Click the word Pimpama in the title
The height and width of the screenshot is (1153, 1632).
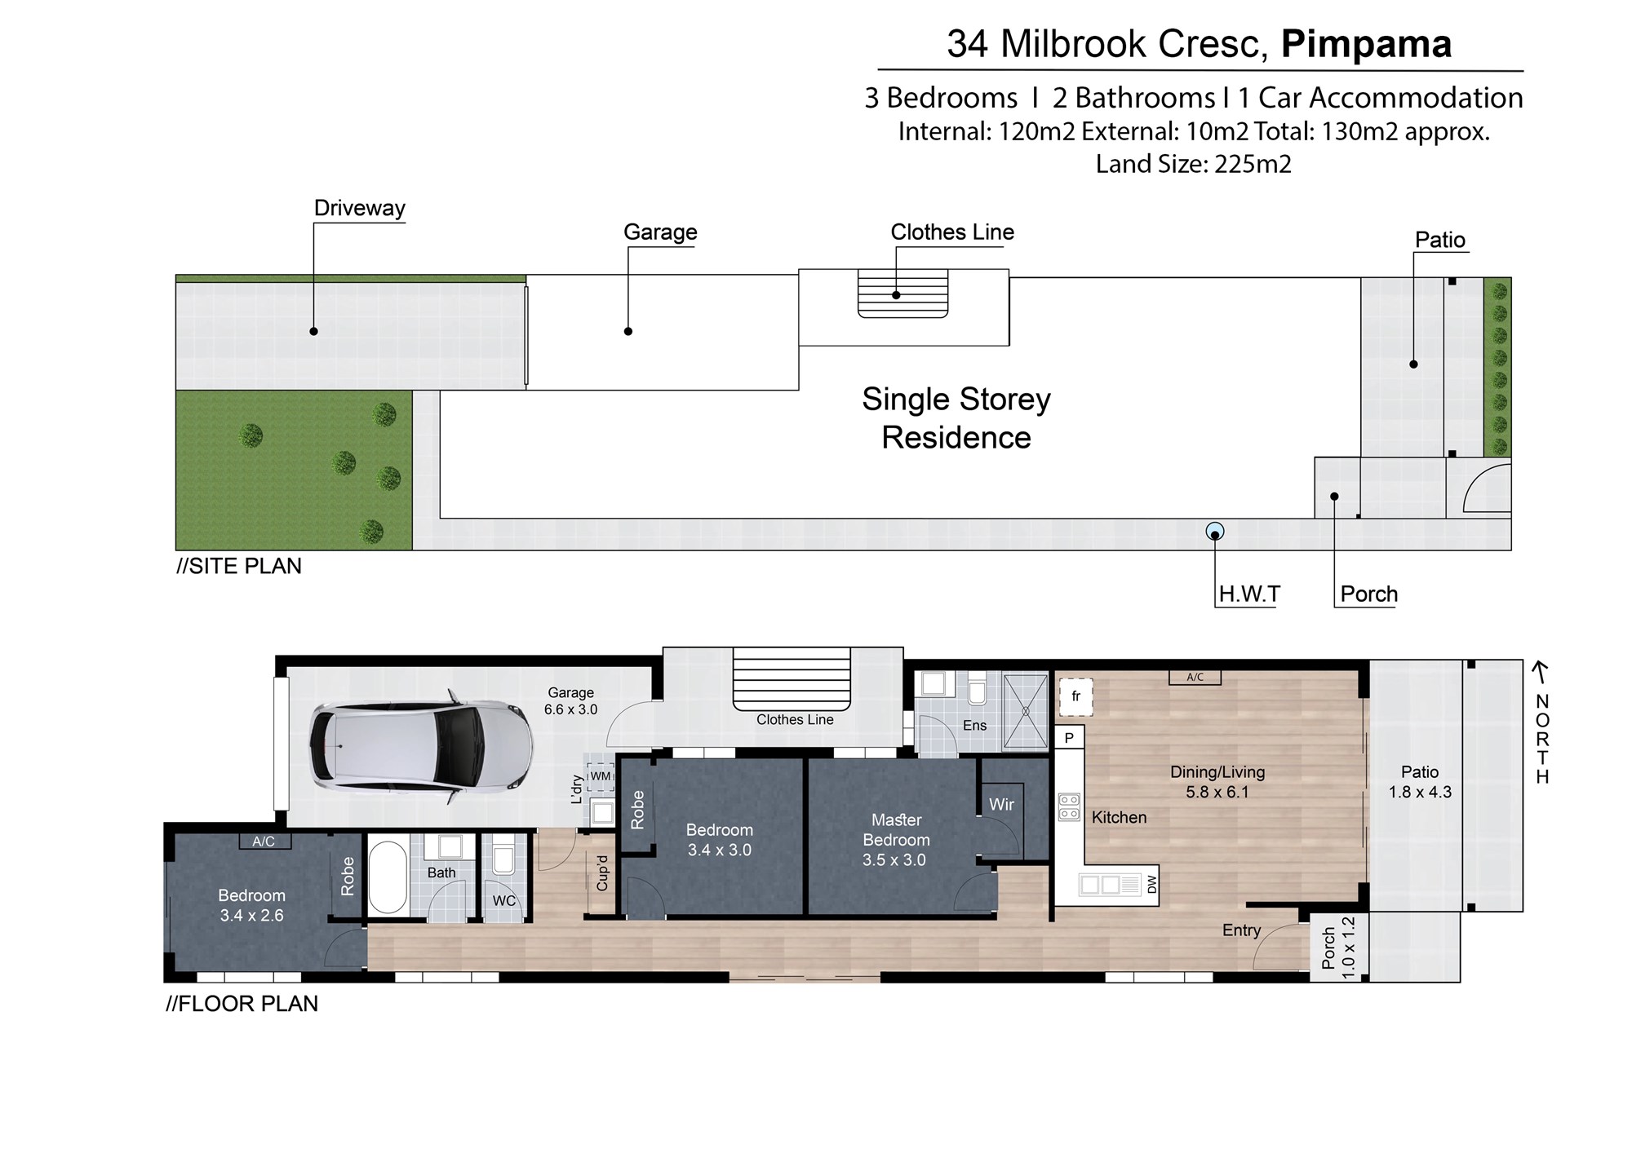tap(1366, 44)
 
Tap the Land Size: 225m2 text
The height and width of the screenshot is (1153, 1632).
tap(1193, 164)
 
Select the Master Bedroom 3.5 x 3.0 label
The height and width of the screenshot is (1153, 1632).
tap(895, 840)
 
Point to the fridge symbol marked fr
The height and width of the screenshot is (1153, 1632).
tap(1075, 696)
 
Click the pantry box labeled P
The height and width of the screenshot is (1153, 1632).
tap(1069, 738)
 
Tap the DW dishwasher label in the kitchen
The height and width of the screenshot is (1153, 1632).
tap(1151, 884)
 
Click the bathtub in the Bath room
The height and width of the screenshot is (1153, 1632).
tap(388, 877)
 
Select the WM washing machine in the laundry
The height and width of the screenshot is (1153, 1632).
tap(601, 776)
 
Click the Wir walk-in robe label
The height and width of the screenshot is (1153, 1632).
tap(1001, 805)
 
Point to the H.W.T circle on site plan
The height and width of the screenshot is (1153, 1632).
tap(1215, 532)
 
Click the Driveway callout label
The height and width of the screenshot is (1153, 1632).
tap(359, 208)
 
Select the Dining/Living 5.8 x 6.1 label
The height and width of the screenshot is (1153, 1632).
tap(1217, 782)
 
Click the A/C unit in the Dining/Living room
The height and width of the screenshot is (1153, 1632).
tap(1195, 677)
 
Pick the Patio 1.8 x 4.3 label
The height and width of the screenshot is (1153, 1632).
tap(1420, 782)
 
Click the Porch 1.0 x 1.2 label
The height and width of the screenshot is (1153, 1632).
tap(1337, 948)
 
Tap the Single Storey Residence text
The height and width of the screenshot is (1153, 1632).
tap(956, 418)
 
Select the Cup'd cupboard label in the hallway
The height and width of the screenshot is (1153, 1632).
tap(602, 872)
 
